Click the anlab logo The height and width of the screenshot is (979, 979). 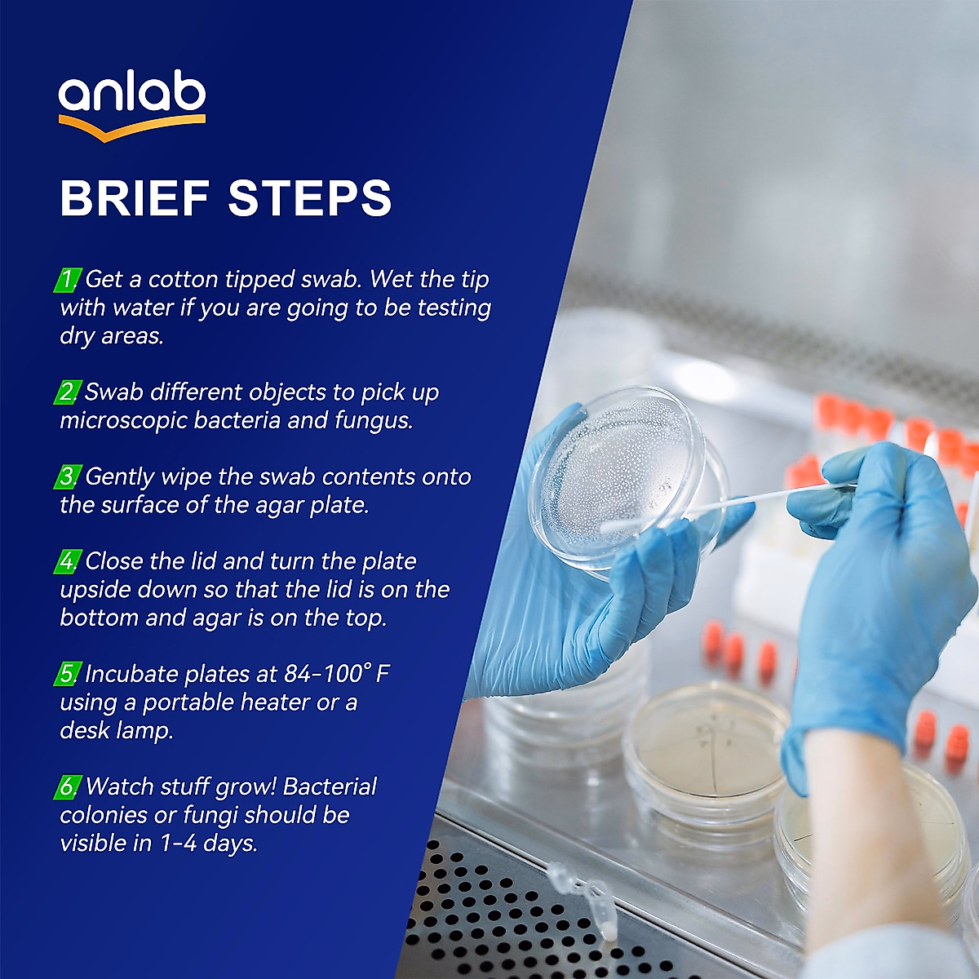(131, 96)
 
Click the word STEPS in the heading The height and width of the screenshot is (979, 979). (310, 198)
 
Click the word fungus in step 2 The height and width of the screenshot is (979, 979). (372, 420)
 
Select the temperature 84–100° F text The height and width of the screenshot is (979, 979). (337, 674)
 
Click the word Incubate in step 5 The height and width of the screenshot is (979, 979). (132, 674)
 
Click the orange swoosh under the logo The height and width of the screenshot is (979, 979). (131, 127)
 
